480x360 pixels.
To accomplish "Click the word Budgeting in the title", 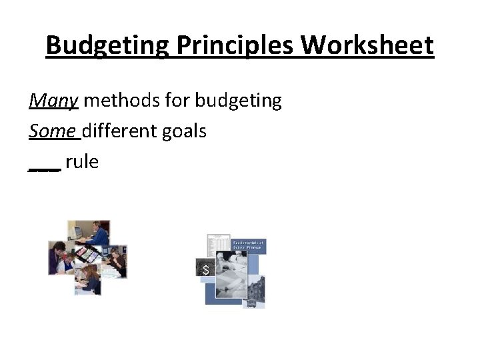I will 105,47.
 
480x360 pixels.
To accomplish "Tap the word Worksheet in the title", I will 367,47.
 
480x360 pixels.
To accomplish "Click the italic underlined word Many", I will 54,101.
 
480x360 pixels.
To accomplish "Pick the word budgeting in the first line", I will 239,101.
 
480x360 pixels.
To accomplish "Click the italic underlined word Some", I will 53,131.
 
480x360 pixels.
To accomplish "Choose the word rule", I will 82,161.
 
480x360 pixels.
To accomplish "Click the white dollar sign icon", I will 205,270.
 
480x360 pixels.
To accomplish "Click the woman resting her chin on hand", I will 115,260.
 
